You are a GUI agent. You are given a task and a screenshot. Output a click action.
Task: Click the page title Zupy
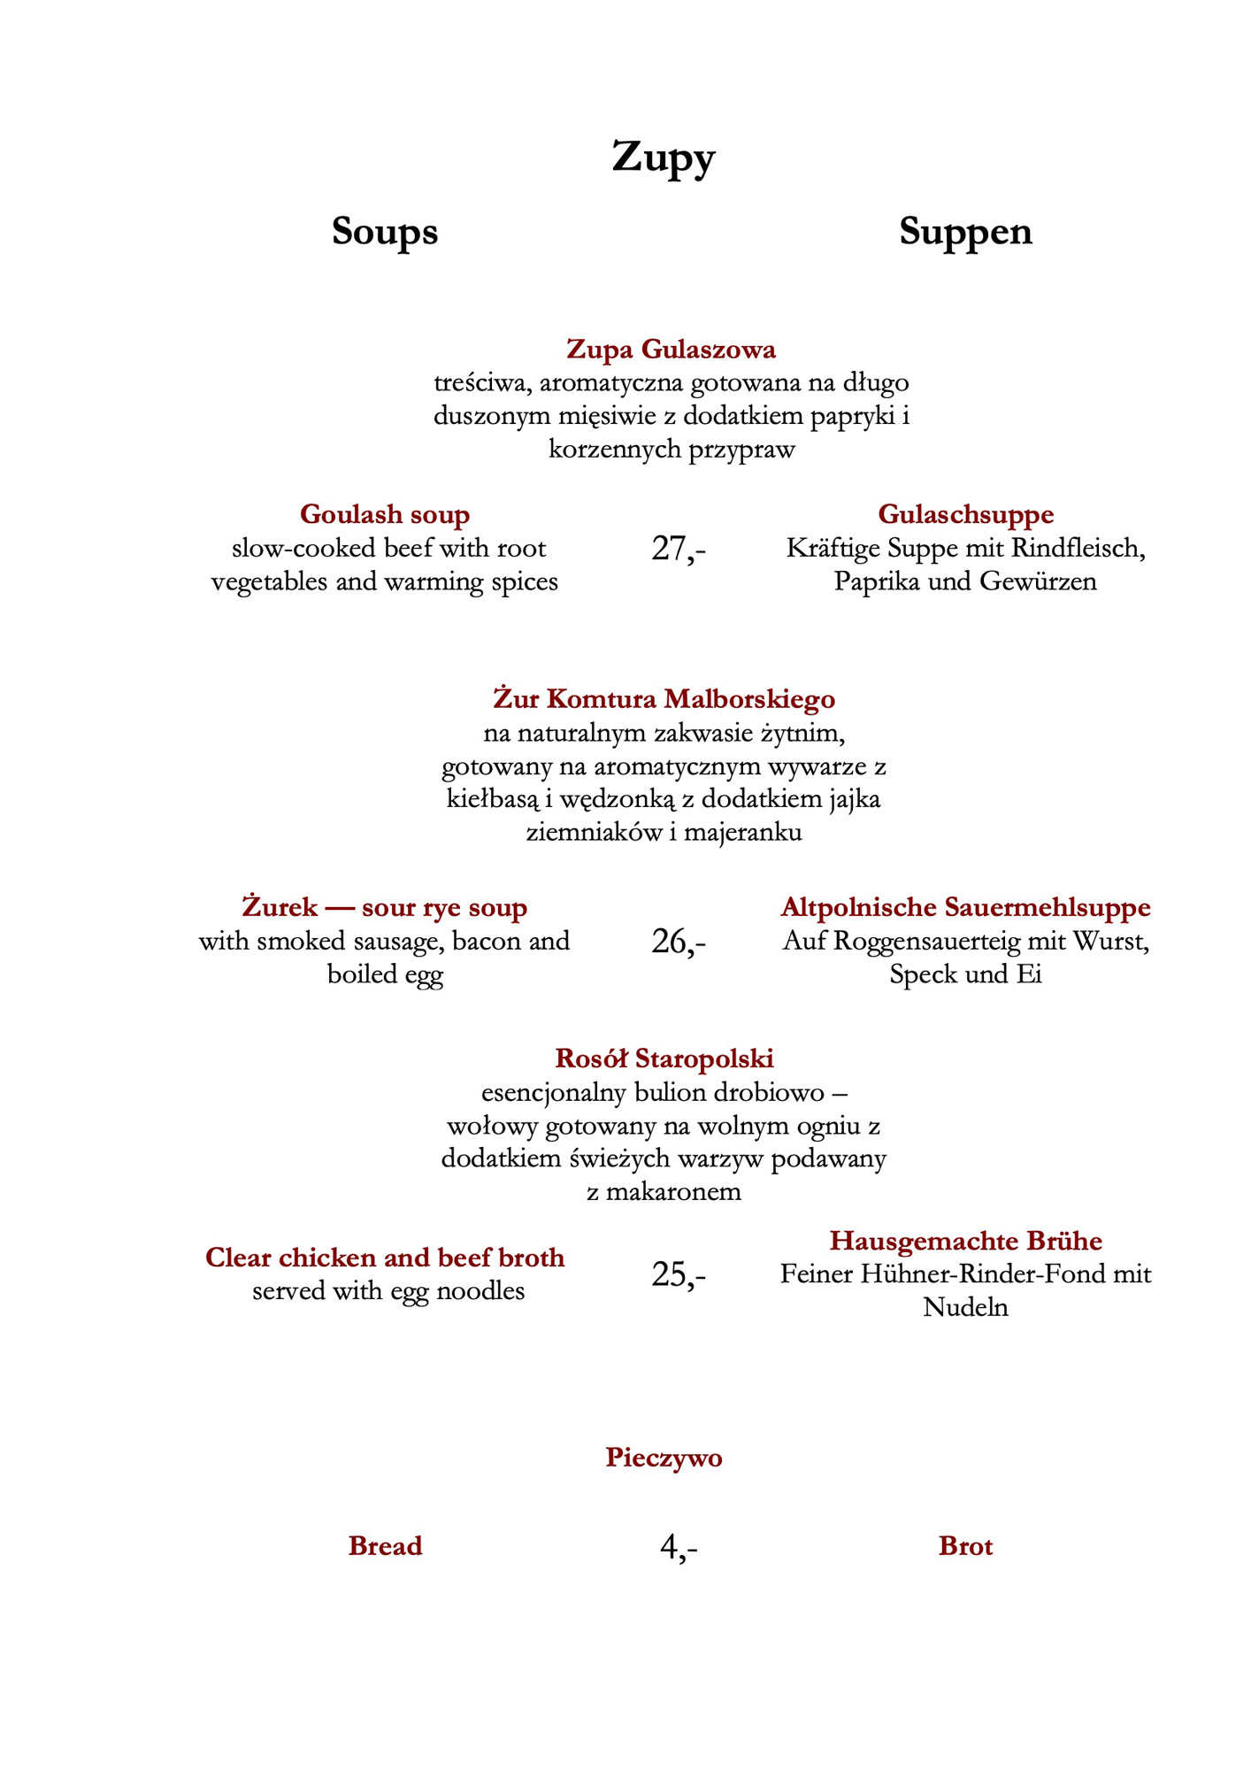663,158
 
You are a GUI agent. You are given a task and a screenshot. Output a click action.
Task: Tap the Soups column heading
385,232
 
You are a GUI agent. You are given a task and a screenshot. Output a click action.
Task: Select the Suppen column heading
965,232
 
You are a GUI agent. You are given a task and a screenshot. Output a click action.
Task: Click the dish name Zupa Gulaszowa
671,350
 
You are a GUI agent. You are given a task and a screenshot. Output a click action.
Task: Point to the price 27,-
679,550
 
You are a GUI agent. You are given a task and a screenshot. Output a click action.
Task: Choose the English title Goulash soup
385,514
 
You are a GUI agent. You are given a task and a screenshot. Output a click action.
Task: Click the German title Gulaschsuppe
965,514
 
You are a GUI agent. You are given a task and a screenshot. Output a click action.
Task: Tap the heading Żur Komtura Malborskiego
664,699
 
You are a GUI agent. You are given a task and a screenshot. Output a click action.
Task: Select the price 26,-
679,943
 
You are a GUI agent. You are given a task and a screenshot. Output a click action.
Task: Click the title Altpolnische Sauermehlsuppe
965,907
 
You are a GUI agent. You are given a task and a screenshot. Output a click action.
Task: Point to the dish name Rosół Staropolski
664,1058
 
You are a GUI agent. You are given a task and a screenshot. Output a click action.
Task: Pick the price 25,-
679,1275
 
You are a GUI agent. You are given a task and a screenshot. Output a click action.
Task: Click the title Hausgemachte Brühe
965,1241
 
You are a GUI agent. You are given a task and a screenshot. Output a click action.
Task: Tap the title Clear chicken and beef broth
385,1258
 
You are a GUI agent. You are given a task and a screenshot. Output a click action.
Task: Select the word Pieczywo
664,1458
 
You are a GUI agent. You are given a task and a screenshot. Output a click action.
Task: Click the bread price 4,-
679,1547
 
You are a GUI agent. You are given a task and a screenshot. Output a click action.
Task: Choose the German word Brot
965,1547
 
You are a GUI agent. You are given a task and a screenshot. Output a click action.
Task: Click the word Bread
385,1547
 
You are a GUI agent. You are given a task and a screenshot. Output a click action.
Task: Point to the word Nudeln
965,1307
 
